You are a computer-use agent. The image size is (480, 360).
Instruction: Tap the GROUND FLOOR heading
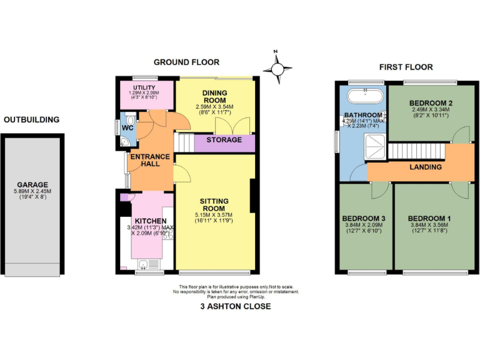tap(186, 62)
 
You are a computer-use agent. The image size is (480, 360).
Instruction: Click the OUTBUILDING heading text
tap(31, 119)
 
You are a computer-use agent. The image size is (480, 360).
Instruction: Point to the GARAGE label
tap(32, 185)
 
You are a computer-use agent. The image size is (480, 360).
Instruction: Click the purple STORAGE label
tap(224, 140)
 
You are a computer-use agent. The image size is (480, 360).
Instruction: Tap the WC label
tap(127, 128)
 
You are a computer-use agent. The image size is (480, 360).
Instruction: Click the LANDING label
tap(425, 167)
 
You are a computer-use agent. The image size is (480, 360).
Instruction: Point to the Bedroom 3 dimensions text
tap(364, 228)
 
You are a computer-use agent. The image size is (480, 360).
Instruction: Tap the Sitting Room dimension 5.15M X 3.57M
tap(215, 216)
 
